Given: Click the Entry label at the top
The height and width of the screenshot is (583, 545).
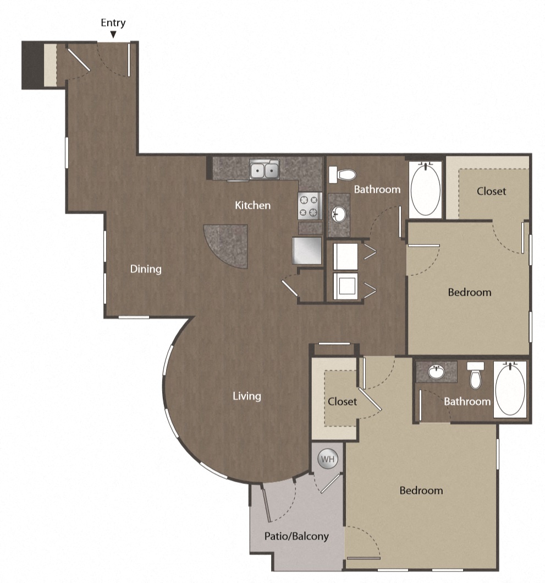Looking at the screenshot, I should (x=113, y=23).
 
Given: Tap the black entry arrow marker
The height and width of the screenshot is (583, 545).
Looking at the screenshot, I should (x=113, y=35).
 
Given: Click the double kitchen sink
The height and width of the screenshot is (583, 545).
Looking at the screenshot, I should (x=264, y=171).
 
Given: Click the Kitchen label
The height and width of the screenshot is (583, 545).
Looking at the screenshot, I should (x=253, y=205).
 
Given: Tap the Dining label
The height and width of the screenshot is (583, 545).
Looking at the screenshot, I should (x=146, y=269).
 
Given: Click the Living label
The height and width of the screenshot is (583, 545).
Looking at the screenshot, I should (x=246, y=396).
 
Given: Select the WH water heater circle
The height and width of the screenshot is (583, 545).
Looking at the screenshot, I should (x=327, y=459).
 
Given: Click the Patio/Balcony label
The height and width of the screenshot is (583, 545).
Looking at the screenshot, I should (x=296, y=536).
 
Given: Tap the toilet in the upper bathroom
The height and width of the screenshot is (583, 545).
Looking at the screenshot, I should (x=343, y=175).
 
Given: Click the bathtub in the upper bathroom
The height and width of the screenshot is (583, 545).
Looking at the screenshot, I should (x=426, y=189).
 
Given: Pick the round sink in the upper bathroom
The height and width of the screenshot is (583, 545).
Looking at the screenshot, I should (x=339, y=214).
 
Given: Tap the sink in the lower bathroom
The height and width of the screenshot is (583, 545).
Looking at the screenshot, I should (x=436, y=372).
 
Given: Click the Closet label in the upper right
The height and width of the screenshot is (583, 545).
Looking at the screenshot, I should (x=491, y=191).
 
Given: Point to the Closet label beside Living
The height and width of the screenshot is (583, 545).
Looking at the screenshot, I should (x=342, y=401).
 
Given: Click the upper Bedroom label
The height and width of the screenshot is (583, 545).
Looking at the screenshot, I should (x=469, y=292).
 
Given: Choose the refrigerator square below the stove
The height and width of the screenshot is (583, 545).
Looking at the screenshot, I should (x=307, y=250).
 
